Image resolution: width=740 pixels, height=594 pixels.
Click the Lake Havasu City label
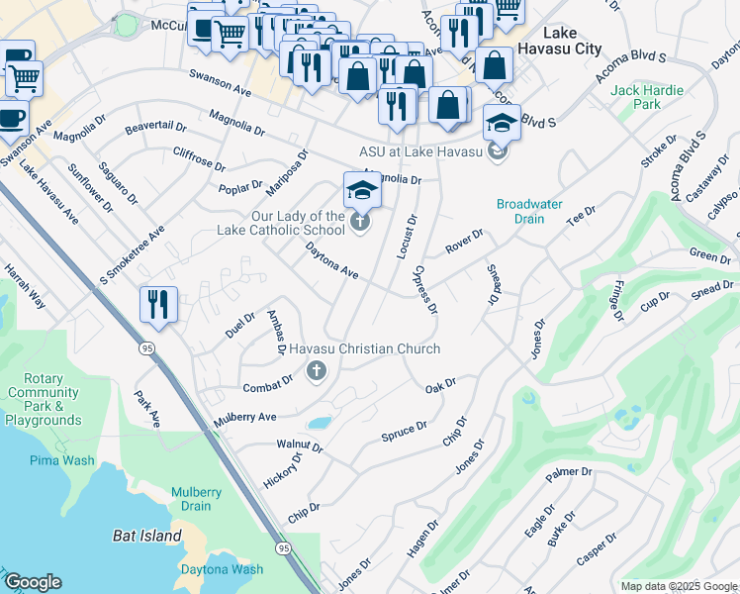566,40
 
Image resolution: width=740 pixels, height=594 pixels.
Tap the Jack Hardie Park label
647,97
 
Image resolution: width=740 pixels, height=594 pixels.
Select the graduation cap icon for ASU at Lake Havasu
502,124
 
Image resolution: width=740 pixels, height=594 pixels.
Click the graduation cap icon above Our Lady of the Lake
362,189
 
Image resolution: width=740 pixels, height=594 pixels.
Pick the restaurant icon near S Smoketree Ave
158,304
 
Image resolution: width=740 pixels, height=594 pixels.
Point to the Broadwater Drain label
529,211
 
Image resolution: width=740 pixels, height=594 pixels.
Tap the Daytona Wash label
222,569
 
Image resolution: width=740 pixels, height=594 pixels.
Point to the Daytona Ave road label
331,260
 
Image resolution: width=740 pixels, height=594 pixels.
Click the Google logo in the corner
32,582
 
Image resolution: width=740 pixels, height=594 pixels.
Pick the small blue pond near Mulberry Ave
320,423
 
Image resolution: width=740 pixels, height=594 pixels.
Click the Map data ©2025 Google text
678,586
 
